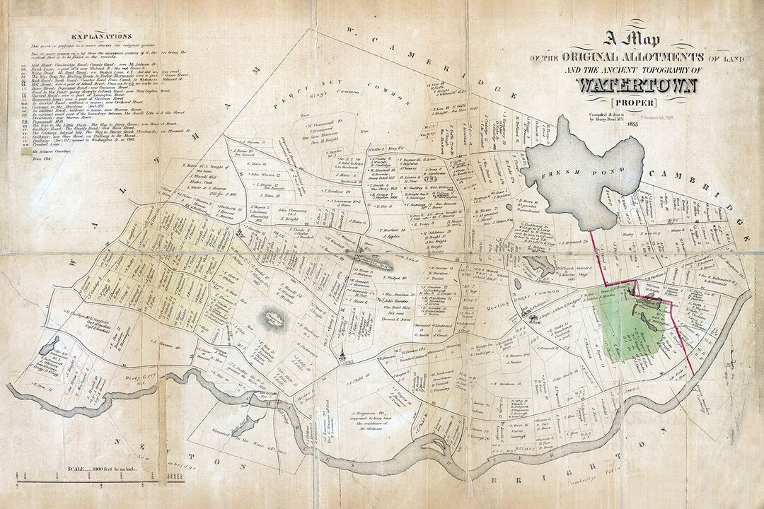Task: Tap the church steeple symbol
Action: (342, 356)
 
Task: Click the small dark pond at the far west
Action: (50, 346)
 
